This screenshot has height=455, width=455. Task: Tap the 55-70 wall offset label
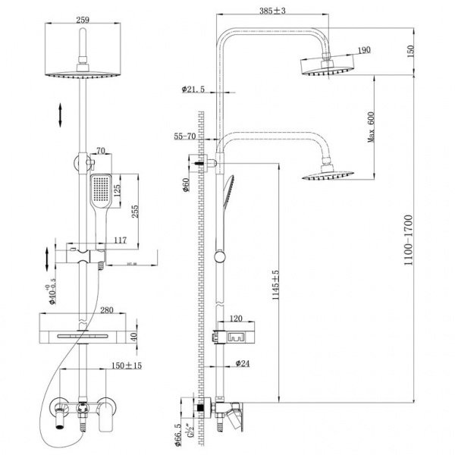[186, 136]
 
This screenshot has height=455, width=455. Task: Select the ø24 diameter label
[242, 363]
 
